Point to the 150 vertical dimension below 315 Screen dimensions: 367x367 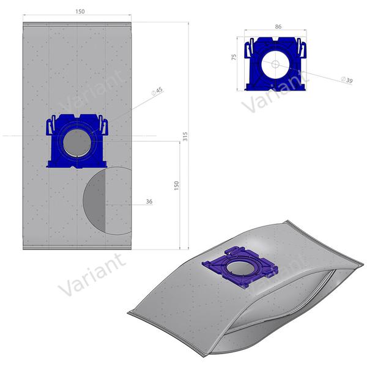coord(177,184)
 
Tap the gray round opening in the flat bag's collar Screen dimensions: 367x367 coord(78,142)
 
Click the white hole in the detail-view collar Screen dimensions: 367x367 coord(274,64)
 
